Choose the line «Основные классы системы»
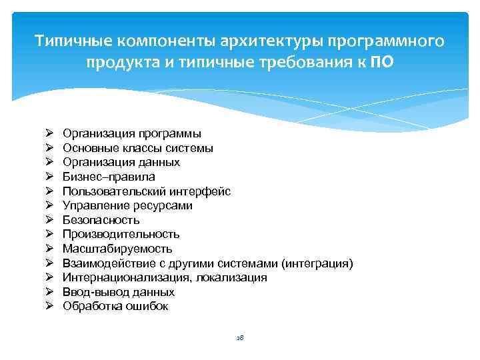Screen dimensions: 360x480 (x=138, y=148)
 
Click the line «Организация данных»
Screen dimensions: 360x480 (x=121, y=163)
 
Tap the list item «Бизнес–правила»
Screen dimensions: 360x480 (x=109, y=177)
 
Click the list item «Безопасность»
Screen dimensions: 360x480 (x=101, y=220)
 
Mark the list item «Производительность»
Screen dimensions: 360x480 (x=121, y=234)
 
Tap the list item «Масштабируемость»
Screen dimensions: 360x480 (x=117, y=249)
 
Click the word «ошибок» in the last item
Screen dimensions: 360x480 (x=150, y=306)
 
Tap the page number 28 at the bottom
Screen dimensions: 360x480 (x=240, y=338)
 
